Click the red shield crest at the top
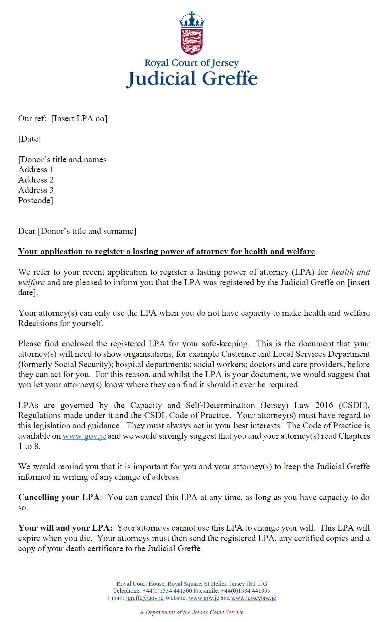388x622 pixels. (191, 41)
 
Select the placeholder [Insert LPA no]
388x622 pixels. (79, 119)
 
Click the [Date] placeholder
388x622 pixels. (30, 139)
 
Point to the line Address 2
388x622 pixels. (36, 180)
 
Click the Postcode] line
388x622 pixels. (36, 201)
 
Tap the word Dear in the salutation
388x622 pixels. (27, 231)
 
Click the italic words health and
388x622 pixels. (351, 272)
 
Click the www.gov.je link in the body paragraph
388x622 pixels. (84, 436)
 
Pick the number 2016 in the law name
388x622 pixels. (324, 405)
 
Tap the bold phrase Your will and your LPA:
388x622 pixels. (66, 528)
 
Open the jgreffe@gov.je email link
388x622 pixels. (144, 598)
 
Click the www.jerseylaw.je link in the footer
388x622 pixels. (253, 598)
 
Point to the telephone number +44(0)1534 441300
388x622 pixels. (167, 591)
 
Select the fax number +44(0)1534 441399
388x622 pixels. (246, 591)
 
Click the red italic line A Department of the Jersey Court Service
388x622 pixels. (192, 612)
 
